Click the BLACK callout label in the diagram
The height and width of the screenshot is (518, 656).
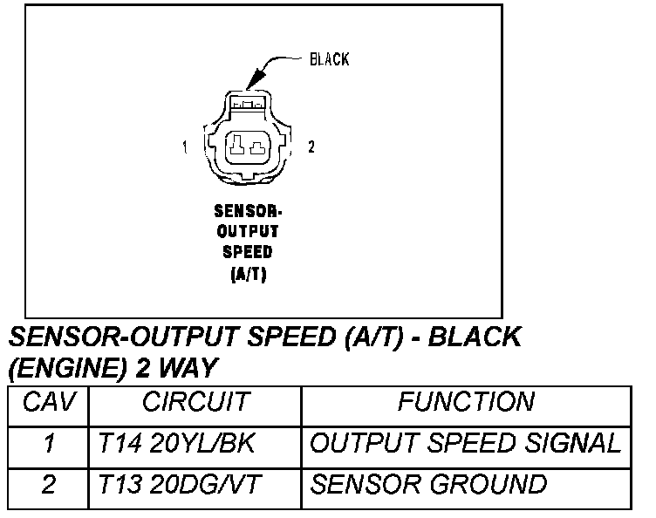click(329, 60)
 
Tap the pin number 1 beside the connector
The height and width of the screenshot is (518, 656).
click(185, 147)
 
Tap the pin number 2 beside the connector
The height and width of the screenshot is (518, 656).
click(311, 147)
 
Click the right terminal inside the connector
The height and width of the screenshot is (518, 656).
click(256, 147)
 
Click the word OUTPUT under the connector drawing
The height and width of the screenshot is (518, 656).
click(247, 231)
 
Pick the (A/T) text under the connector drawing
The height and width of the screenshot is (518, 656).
click(247, 273)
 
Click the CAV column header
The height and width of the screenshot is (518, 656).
click(49, 402)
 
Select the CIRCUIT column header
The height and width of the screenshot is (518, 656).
click(195, 402)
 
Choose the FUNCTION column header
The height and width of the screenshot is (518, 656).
click(465, 402)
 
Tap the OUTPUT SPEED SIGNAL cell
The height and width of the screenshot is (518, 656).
click(465, 443)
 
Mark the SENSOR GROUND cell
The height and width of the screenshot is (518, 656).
click(428, 484)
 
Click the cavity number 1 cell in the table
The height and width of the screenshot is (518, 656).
click(49, 443)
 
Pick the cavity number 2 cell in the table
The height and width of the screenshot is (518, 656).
click(49, 484)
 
